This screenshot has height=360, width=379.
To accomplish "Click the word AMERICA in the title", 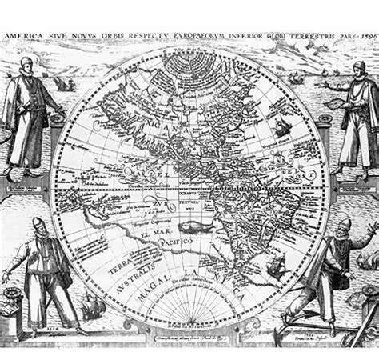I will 24,36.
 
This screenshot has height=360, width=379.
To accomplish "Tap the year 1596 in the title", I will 364,36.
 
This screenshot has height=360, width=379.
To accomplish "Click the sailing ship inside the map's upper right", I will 282,126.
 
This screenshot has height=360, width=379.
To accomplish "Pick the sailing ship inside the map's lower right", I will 277,266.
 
